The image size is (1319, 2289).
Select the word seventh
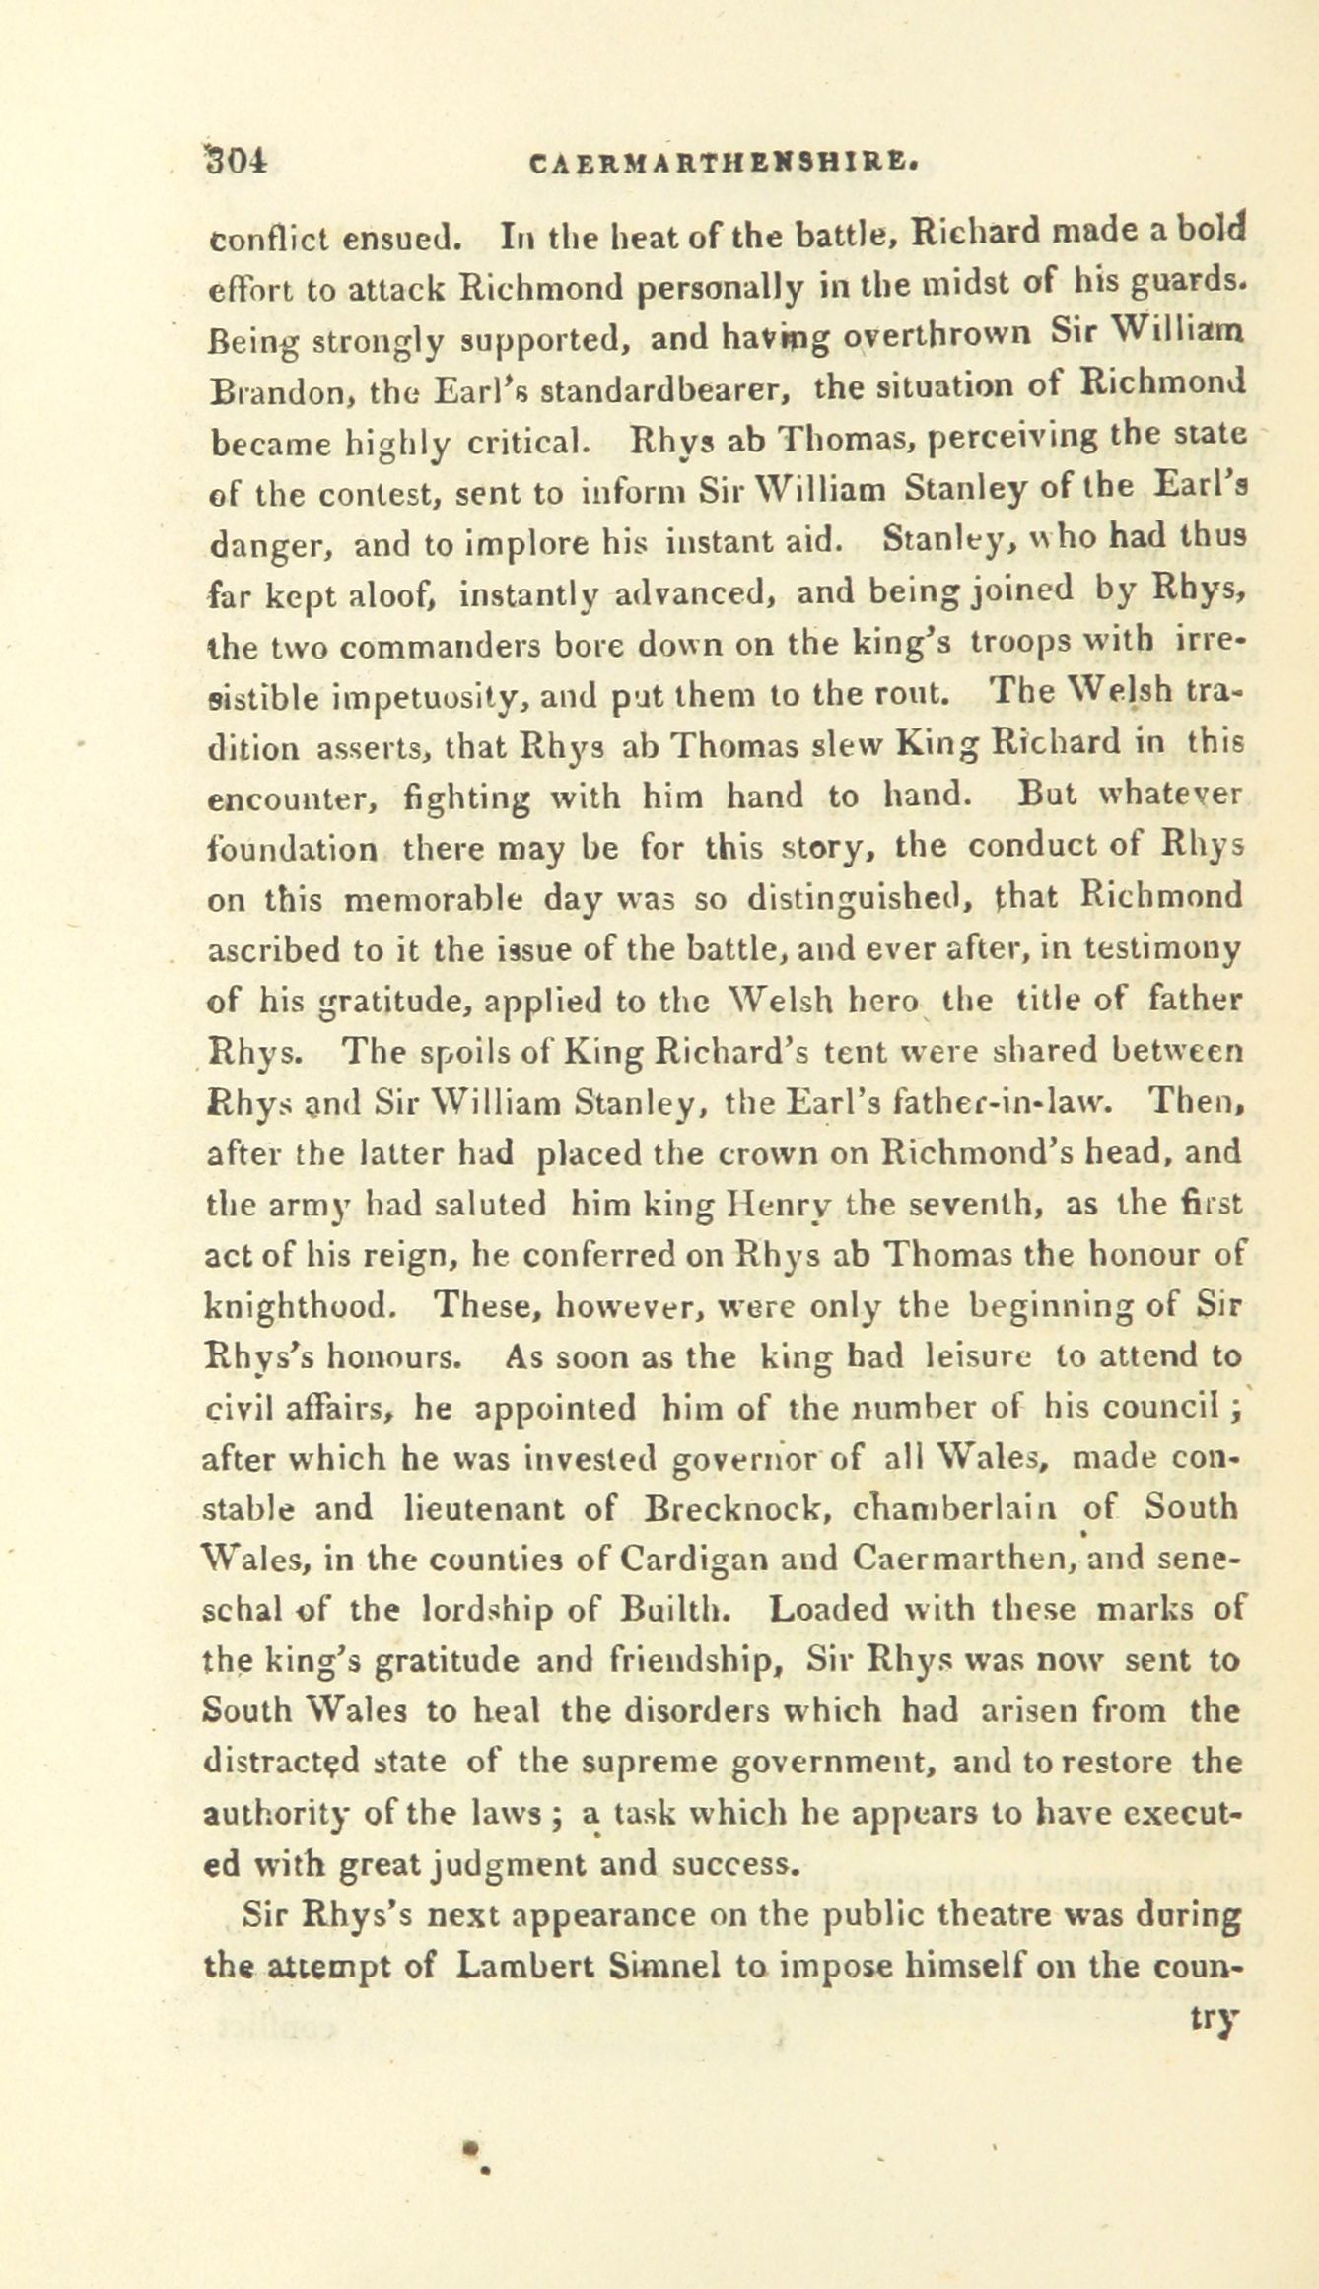949,1204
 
